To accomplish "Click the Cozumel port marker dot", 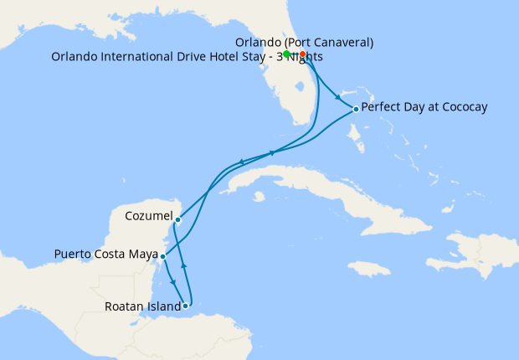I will [x=178, y=219].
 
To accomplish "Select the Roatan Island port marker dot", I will [x=185, y=306].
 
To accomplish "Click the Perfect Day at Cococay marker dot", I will [x=356, y=109].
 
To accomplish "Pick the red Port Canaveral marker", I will [x=302, y=54].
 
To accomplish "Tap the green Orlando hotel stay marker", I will [x=287, y=54].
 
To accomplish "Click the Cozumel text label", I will [x=148, y=216].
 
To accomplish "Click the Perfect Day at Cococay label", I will [x=424, y=107].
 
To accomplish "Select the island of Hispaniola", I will [x=469, y=251].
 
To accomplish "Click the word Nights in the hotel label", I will [x=304, y=57].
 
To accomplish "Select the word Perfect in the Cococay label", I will [x=382, y=107].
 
